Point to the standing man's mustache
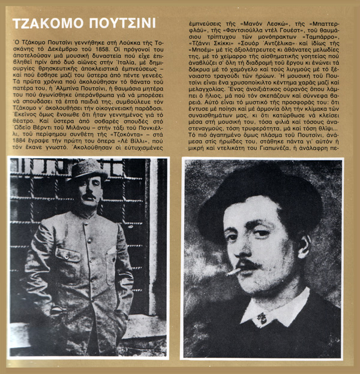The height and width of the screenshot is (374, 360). (x=88, y=197)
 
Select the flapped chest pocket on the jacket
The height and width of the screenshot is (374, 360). (x=65, y=252)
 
